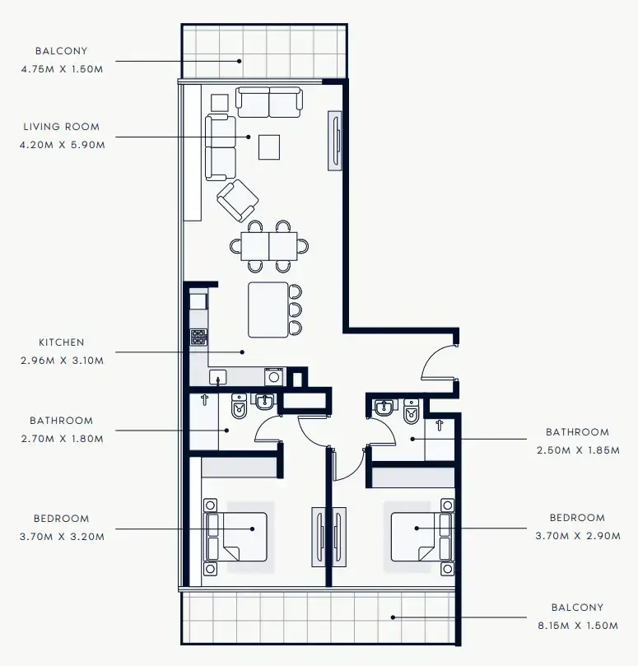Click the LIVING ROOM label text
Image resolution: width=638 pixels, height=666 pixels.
[x=62, y=127]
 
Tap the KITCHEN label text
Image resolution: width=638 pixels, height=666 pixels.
[x=62, y=342]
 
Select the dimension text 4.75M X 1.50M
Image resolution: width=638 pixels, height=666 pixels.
[x=62, y=69]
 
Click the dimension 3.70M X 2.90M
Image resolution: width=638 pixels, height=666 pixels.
[x=577, y=536]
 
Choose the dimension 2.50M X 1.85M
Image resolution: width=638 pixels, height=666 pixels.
[x=577, y=449]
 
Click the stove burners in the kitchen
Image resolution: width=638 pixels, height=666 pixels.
[x=198, y=337]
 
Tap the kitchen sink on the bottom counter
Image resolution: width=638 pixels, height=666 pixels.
[x=217, y=377]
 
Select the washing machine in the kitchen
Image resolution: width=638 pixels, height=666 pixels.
[x=273, y=377]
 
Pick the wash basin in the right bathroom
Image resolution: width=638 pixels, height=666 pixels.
[x=384, y=408]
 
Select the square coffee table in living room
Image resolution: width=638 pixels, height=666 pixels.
[x=270, y=147]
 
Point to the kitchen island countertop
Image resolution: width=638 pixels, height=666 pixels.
[x=268, y=310]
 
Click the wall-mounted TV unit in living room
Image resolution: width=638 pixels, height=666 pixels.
[x=336, y=140]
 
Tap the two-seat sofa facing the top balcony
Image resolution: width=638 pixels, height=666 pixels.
[x=269, y=102]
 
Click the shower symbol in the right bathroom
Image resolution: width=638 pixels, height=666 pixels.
[x=440, y=426]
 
